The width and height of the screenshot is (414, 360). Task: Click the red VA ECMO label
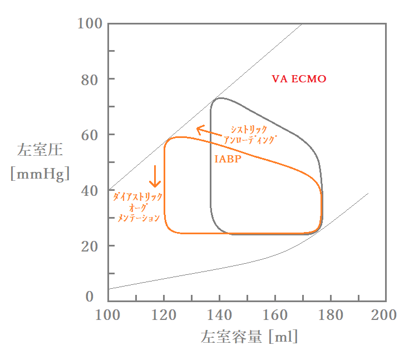click(x=299, y=79)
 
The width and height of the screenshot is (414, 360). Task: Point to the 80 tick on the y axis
click(x=91, y=79)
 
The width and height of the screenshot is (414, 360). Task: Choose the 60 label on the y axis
click(x=91, y=135)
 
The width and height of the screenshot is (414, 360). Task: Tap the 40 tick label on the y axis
click(x=91, y=190)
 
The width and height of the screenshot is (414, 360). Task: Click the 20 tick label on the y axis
click(x=91, y=246)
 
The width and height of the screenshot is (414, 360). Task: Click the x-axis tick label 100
click(x=108, y=315)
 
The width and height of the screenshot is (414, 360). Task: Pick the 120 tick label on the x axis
click(x=164, y=315)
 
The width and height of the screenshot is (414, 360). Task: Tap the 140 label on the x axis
click(x=219, y=315)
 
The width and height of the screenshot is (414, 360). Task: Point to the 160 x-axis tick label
click(x=275, y=315)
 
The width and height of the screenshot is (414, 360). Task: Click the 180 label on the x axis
click(x=331, y=315)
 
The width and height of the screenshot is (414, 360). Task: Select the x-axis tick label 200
click(x=384, y=315)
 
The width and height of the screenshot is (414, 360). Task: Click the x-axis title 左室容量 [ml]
click(x=249, y=337)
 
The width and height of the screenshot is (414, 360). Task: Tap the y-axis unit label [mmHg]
click(x=40, y=174)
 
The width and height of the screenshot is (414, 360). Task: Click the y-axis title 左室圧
click(x=40, y=150)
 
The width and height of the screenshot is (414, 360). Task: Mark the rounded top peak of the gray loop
click(x=220, y=98)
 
